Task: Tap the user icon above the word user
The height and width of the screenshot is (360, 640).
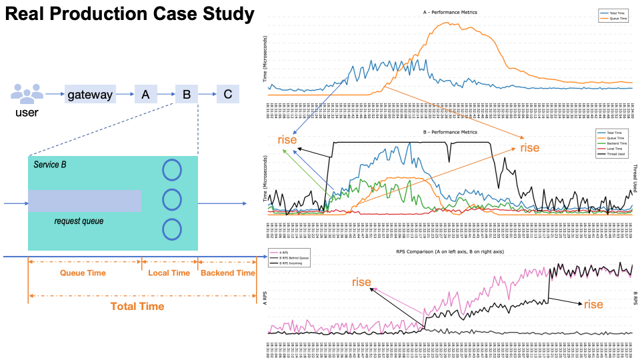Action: [27, 93]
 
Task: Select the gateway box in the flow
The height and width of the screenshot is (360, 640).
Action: [90, 95]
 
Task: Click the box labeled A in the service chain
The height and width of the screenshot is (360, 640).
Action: [145, 95]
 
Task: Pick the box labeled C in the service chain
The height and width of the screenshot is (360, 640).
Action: [227, 95]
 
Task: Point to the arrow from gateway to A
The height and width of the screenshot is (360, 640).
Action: [125, 95]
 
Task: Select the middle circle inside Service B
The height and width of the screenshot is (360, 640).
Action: [172, 199]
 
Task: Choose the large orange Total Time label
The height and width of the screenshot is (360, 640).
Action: [137, 306]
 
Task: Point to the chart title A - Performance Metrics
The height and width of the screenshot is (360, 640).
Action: [450, 13]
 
